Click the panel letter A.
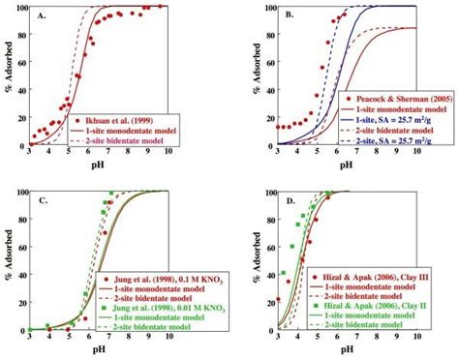pos(42,16)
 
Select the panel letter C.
pos(42,201)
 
